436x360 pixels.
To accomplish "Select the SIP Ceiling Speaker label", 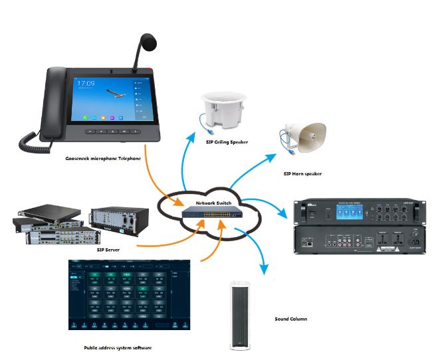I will [224, 141].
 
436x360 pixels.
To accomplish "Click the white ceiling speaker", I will [224, 112].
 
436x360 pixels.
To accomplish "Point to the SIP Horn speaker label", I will [302, 173].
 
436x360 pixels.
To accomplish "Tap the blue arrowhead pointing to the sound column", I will [265, 269].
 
